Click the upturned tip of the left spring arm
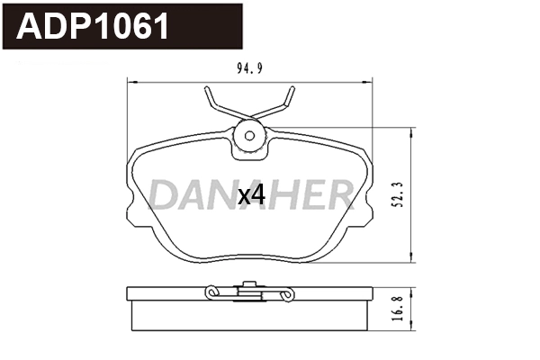206,89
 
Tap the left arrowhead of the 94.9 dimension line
126,82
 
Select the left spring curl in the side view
211,292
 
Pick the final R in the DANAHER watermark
339,193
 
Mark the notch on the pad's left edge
130,193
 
